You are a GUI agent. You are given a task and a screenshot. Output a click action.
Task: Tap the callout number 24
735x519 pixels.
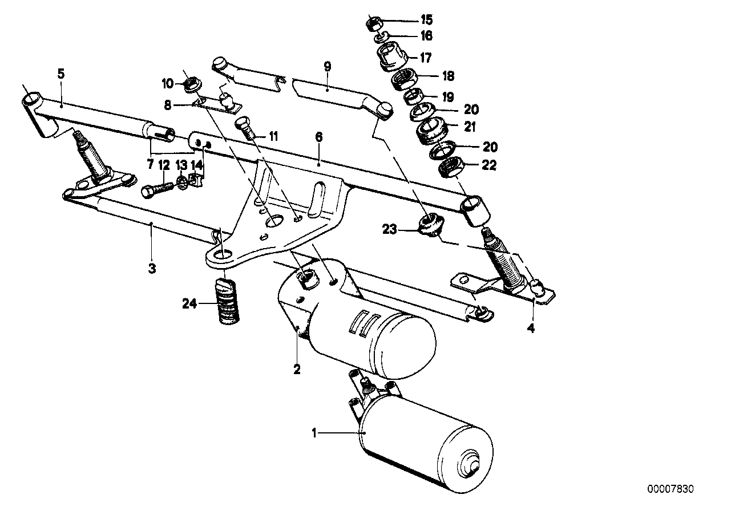click(x=190, y=305)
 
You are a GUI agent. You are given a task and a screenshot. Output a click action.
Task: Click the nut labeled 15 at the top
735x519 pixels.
click(x=374, y=23)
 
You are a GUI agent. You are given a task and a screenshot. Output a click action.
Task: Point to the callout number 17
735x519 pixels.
click(x=426, y=58)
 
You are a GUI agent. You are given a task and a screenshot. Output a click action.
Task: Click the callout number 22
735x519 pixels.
click(x=490, y=166)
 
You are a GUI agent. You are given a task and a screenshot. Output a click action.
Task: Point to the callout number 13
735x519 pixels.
click(x=181, y=166)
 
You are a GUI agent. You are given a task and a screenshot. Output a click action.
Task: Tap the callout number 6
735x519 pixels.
click(x=318, y=137)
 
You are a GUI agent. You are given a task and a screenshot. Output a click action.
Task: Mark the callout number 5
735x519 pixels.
click(x=61, y=73)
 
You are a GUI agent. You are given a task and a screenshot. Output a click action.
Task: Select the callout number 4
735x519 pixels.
click(x=531, y=329)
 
